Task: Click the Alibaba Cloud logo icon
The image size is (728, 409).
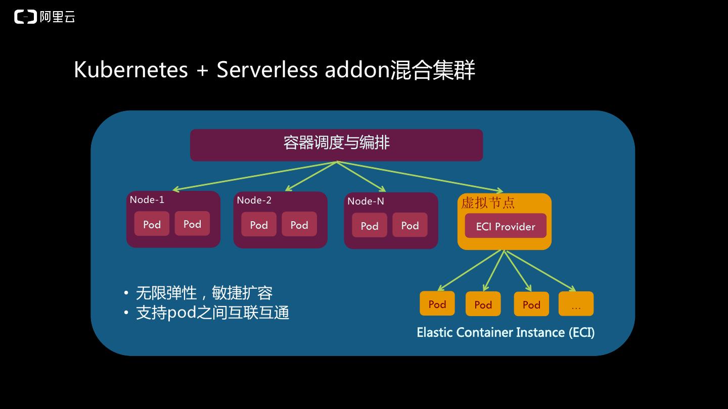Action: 26,17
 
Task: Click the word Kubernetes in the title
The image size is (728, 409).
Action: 130,70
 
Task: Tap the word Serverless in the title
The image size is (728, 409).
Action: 267,70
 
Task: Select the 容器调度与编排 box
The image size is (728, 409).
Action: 336,144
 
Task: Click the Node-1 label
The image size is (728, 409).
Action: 147,199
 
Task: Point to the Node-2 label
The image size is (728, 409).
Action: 254,200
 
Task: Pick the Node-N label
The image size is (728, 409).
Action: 366,201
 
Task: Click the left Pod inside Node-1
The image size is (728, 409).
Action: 152,224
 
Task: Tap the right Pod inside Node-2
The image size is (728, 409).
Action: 299,224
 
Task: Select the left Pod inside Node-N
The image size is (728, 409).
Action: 370,225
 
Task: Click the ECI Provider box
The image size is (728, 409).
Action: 506,226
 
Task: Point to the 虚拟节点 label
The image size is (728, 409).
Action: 488,203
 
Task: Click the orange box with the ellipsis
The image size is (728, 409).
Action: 576,304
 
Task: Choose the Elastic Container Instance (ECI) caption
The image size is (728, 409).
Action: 506,332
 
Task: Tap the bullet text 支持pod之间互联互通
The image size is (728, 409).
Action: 212,313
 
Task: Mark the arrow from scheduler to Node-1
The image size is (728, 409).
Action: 253,176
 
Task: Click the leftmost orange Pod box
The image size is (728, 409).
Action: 437,303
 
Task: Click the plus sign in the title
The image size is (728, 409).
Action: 202,70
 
